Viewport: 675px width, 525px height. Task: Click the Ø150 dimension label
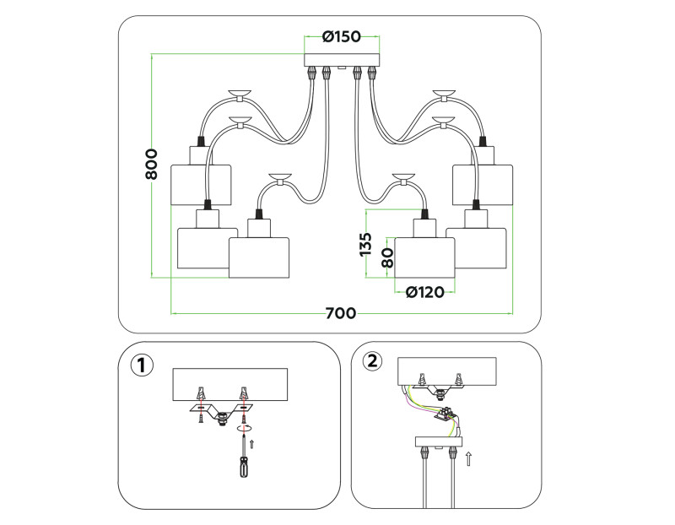(342, 37)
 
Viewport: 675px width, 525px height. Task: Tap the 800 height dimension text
(152, 164)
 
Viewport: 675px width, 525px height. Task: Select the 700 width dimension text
(340, 313)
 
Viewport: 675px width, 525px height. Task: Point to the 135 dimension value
(366, 245)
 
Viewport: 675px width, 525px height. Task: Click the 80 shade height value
(387, 257)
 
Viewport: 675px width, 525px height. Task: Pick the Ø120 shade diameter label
(424, 292)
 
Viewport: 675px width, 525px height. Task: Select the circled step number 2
(372, 361)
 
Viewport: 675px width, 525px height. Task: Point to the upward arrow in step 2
(470, 459)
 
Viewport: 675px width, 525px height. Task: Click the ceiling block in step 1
(229, 384)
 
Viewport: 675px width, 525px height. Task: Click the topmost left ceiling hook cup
(240, 92)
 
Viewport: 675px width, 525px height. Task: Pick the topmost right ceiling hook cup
(444, 92)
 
